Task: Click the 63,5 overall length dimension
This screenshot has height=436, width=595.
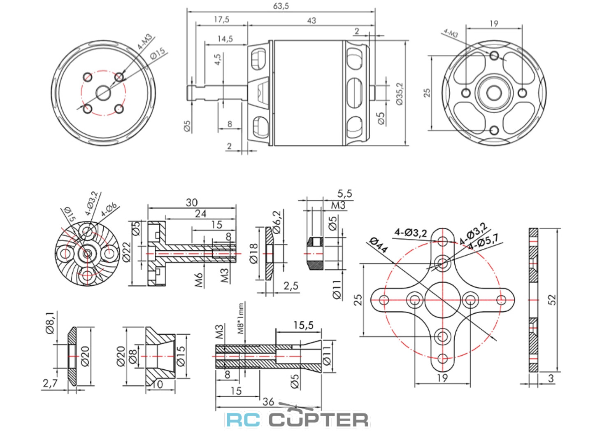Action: (281, 6)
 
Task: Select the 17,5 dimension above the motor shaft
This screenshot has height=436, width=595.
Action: (221, 19)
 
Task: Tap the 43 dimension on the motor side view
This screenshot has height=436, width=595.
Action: (311, 20)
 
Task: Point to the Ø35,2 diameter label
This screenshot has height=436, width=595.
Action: (400, 94)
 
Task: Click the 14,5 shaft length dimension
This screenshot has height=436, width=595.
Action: (225, 39)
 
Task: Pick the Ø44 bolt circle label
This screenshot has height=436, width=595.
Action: (378, 245)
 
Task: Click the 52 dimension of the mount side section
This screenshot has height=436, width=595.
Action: (552, 299)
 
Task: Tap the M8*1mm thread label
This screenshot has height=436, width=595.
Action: (241, 318)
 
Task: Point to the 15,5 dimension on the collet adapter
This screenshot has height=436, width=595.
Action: (303, 325)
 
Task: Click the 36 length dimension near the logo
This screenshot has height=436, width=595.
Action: (268, 401)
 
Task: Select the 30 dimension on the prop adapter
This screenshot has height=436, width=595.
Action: (192, 202)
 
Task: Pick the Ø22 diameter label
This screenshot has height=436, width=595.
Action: (126, 252)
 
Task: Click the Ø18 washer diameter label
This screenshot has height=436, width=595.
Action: (254, 253)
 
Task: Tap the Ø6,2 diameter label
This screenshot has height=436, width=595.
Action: (277, 222)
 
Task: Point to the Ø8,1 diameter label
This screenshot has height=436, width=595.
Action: (50, 323)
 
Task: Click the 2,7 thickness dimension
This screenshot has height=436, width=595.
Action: (50, 383)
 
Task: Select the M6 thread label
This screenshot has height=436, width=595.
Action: (199, 280)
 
